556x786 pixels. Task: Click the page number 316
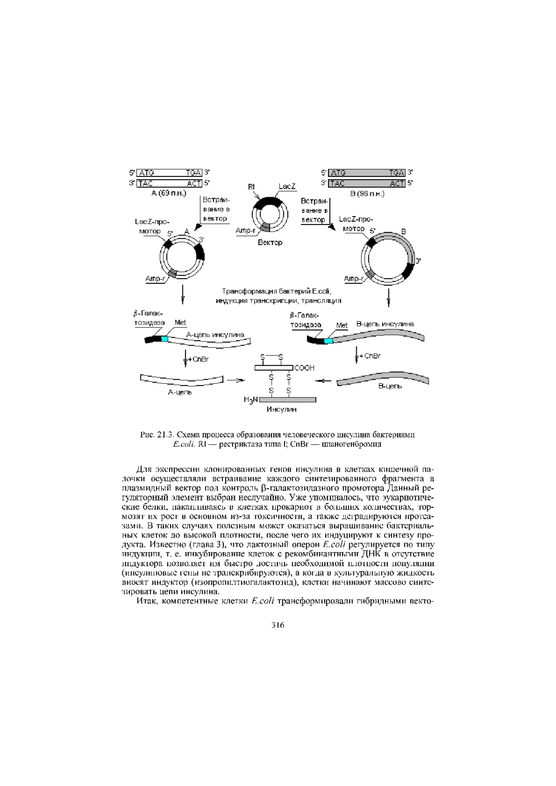tap(278, 625)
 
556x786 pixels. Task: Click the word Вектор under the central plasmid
tap(270, 243)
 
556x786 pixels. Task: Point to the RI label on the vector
tap(251, 187)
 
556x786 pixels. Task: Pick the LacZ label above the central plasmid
tap(287, 186)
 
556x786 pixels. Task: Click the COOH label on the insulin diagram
tap(304, 368)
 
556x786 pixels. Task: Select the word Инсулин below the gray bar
tap(281, 409)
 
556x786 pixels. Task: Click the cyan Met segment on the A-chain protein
tap(164, 339)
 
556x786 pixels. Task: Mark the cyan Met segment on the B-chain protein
tap(328, 341)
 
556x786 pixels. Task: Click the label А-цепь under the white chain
tap(180, 393)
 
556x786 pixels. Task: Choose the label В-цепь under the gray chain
tap(390, 386)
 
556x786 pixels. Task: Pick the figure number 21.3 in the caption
tap(165, 435)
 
